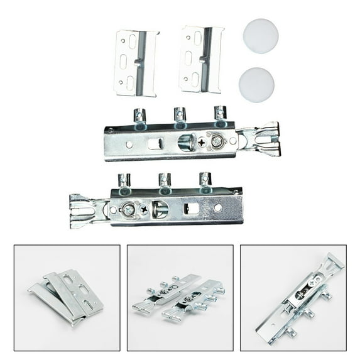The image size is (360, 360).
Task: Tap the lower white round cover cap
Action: click(256, 85)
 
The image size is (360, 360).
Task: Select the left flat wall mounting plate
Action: click(136, 63)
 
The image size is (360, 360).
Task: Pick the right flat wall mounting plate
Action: click(200, 58)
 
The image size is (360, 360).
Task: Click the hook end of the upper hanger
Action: click(261, 139)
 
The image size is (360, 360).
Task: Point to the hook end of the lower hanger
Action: click(88, 210)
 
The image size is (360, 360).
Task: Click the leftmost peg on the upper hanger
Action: click(139, 116)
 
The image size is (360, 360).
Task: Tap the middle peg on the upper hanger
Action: click(179, 115)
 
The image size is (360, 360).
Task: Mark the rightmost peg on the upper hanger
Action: click(219, 114)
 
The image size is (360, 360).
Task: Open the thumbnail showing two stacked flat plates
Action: click(67, 297)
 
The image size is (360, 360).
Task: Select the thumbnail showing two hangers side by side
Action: click(180, 297)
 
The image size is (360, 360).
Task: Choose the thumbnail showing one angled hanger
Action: click(293, 297)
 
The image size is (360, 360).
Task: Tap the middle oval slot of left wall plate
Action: click(124, 62)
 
